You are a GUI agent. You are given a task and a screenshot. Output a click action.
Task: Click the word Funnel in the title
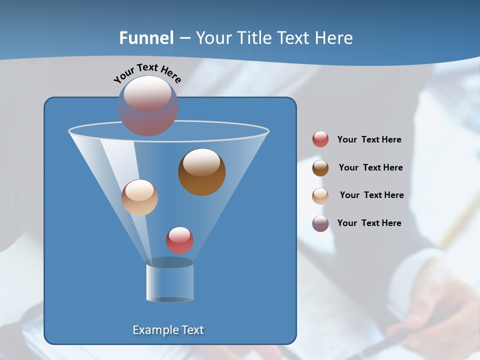click(146, 38)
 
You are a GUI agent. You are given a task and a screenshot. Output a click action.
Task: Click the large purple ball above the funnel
click(148, 105)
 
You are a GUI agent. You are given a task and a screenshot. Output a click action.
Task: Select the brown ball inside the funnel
click(201, 172)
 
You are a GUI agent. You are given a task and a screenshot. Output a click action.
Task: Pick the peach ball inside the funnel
click(139, 197)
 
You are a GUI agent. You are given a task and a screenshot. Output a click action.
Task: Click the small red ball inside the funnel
click(179, 240)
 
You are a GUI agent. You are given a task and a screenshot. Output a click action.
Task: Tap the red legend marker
click(320, 139)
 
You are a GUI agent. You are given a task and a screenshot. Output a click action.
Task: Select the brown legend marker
click(320, 168)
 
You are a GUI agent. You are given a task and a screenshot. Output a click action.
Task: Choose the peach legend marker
click(320, 196)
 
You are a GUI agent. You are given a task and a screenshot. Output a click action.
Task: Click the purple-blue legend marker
click(320, 223)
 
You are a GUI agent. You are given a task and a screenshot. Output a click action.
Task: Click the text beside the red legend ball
click(369, 139)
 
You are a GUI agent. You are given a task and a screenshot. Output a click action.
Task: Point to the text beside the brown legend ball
click(370, 167)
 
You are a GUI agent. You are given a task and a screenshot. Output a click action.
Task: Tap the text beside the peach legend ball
click(371, 195)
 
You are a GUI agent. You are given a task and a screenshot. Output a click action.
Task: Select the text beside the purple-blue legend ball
click(369, 223)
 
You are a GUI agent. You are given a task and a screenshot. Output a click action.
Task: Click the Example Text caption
click(168, 330)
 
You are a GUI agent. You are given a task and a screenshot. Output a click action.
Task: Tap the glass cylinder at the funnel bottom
click(169, 281)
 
